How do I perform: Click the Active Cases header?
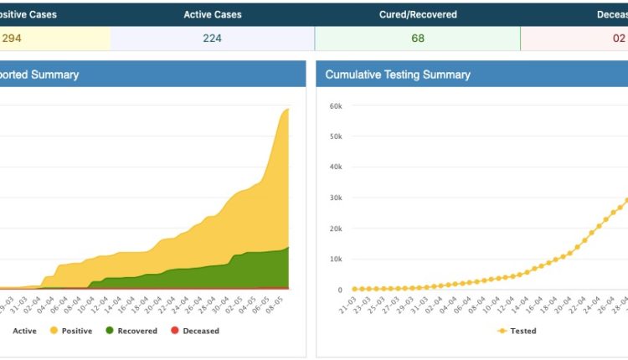pos(212,14)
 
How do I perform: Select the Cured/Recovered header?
pos(417,14)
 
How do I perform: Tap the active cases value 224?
pos(212,38)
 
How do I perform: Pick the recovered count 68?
pos(417,38)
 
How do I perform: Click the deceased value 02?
pos(616,38)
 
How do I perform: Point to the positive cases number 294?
pos(12,38)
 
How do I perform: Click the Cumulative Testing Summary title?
pos(398,75)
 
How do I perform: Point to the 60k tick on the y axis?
pos(335,106)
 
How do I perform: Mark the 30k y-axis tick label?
pos(335,198)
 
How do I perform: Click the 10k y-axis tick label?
pos(335,260)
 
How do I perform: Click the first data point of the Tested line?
pos(354,289)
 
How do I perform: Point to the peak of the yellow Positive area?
pos(288,109)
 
